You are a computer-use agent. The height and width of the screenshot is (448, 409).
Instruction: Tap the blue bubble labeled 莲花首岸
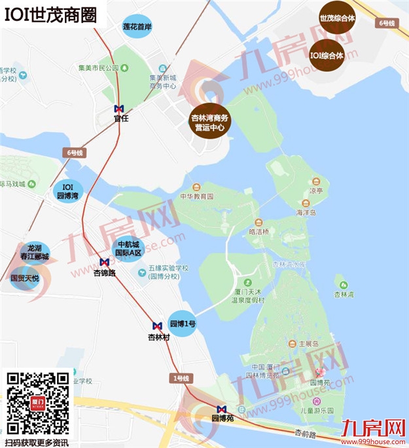(137, 28)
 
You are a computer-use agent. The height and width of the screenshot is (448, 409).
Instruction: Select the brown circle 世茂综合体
(337, 19)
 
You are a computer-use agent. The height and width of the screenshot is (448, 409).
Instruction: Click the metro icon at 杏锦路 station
(104, 262)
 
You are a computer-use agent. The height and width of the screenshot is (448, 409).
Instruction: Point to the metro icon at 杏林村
(158, 326)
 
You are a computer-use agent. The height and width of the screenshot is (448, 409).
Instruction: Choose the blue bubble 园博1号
(183, 324)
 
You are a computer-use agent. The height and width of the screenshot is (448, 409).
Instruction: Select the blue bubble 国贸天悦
(25, 278)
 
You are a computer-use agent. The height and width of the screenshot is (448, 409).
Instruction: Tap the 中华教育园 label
(198, 196)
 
